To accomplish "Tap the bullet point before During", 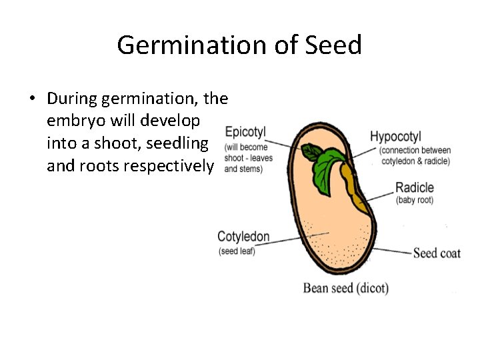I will click(31, 99).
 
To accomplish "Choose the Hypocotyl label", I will click(395, 137).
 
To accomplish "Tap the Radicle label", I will click(414, 187).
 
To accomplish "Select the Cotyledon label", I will click(243, 237).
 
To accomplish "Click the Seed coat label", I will click(437, 253).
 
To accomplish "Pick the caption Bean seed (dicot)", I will click(345, 288).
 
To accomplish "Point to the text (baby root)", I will click(414, 200).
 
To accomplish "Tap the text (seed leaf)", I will click(237, 251).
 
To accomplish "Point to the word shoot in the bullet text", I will click(123, 143).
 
